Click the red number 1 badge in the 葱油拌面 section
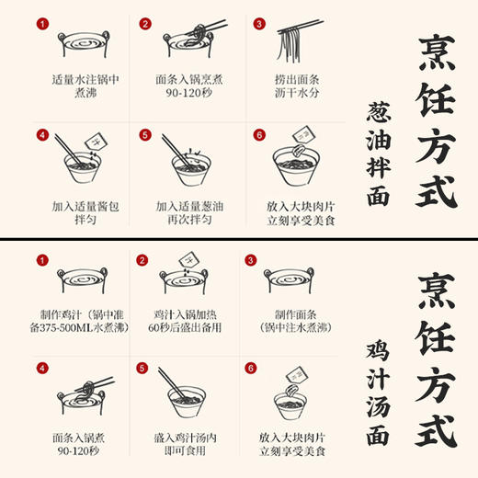[x=40, y=25]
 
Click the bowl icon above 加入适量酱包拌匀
[x=75, y=163]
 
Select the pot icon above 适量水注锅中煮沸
[x=75, y=47]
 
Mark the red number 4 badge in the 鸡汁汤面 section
[x=40, y=369]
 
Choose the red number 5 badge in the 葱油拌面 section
[x=145, y=135]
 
